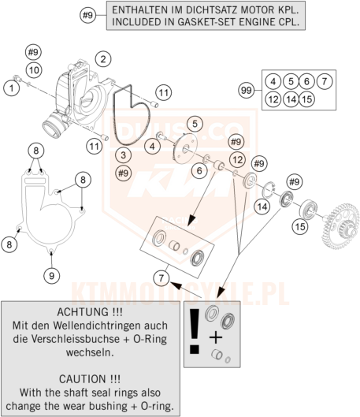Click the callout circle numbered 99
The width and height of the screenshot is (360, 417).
tap(247, 91)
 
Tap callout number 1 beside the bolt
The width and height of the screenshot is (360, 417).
tap(12, 87)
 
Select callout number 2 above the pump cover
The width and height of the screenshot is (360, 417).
tap(103, 59)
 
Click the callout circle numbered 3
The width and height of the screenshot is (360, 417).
tap(123, 155)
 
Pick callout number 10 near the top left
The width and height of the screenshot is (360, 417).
tap(34, 70)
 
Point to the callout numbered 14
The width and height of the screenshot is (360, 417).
tap(262, 207)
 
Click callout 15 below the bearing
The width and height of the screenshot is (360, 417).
tap(300, 226)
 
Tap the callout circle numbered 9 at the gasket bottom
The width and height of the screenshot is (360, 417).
tap(51, 276)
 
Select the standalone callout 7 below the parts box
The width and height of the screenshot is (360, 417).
tap(161, 278)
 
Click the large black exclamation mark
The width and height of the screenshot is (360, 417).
tap(195, 331)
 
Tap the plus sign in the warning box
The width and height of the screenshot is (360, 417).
tap(216, 338)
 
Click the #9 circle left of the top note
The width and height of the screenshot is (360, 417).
tap(88, 15)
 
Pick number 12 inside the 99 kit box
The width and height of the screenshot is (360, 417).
tap(273, 99)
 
